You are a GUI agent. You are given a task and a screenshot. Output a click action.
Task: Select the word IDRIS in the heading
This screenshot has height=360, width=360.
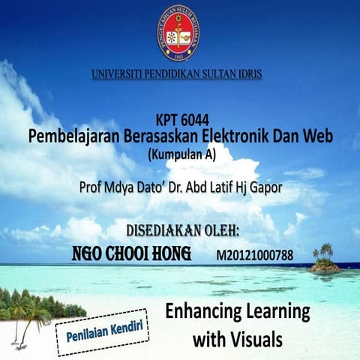tap(247, 75)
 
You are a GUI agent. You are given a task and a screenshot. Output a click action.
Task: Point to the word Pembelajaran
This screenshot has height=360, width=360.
tap(70, 137)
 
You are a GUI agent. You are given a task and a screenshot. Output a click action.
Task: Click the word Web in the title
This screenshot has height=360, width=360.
tap(316, 137)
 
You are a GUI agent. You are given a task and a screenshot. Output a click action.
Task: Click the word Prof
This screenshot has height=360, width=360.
tap(93, 187)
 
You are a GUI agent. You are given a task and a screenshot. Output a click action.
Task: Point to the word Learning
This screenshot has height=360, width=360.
tap(283, 311)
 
